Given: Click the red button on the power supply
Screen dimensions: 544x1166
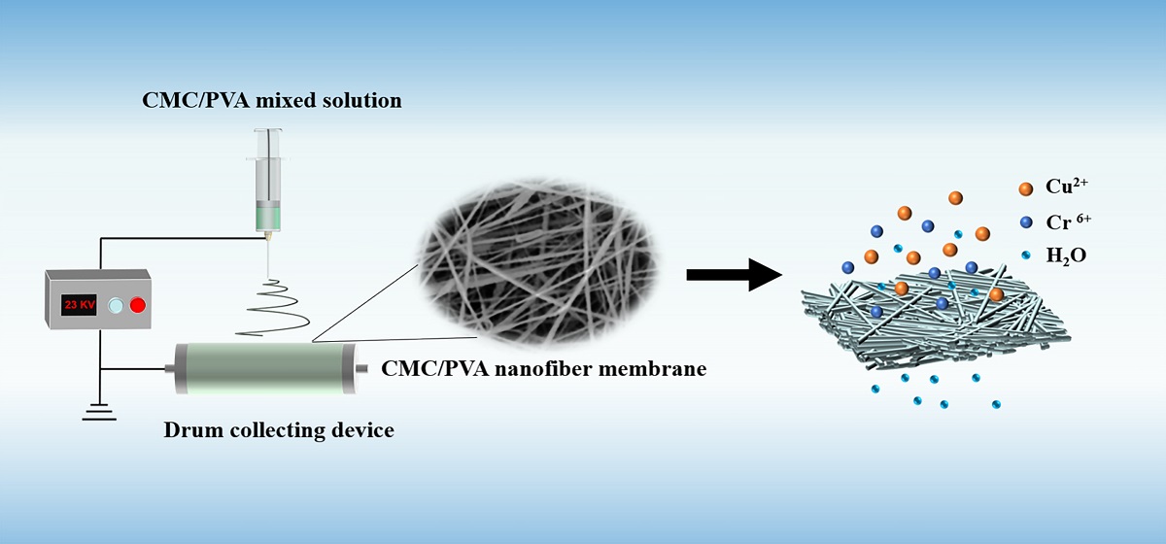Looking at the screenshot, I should pyautogui.click(x=137, y=305).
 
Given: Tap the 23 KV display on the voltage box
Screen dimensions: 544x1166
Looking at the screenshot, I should pyautogui.click(x=79, y=305).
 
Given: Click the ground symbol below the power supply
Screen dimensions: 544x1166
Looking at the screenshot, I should pyautogui.click(x=98, y=413).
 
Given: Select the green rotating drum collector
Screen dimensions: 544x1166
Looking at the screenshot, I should pyautogui.click(x=265, y=369).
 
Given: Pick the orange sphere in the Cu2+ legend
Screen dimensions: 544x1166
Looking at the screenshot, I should pyautogui.click(x=1026, y=187).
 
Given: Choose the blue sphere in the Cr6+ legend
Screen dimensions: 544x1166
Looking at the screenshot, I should pyautogui.click(x=1026, y=221).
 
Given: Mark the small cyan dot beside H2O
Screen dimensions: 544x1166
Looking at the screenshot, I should pyautogui.click(x=1027, y=255).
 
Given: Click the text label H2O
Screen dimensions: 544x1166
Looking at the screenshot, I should pyautogui.click(x=1065, y=256).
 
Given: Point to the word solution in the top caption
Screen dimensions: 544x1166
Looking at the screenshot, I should pyautogui.click(x=363, y=100).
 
